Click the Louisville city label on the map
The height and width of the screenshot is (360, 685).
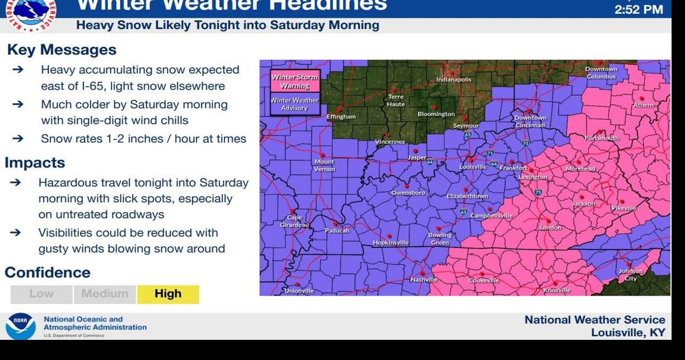click(x=473, y=167)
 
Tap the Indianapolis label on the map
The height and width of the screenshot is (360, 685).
click(x=454, y=80)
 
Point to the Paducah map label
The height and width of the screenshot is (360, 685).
click(x=337, y=231)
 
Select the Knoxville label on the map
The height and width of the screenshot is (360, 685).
click(x=557, y=291)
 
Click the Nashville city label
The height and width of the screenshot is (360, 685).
click(x=424, y=279)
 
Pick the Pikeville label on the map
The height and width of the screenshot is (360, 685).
click(x=624, y=208)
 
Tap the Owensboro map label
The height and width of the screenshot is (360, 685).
click(x=408, y=193)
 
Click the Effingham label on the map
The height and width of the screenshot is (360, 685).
click(x=341, y=117)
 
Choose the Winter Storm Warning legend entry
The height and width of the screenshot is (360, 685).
click(x=295, y=82)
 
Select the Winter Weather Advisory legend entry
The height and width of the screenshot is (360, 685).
click(x=294, y=104)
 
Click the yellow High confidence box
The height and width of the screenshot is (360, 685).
click(x=168, y=294)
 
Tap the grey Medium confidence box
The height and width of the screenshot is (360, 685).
click(x=105, y=294)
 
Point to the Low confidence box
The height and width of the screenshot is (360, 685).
click(x=41, y=294)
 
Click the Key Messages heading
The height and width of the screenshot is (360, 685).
click(x=62, y=50)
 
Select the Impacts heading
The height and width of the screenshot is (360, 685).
click(x=35, y=163)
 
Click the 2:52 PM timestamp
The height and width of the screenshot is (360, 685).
click(x=639, y=10)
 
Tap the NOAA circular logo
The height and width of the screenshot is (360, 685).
click(x=21, y=326)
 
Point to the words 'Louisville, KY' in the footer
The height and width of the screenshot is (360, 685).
click(x=628, y=333)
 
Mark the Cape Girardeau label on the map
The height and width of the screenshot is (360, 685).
click(x=294, y=221)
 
